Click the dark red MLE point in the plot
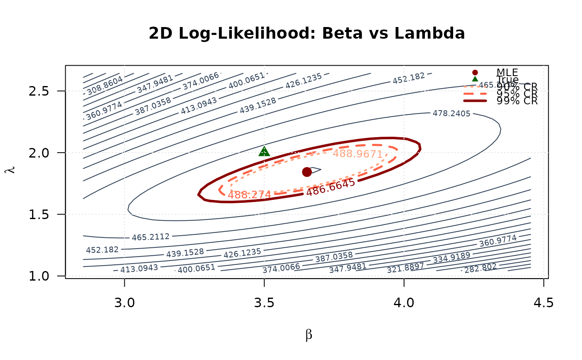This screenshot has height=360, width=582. [x=307, y=172]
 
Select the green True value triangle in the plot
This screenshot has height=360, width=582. [x=264, y=151]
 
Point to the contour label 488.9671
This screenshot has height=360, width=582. [x=358, y=153]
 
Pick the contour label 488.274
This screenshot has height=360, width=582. [x=249, y=194]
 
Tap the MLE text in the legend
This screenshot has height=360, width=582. [x=507, y=73]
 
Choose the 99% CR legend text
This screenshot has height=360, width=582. [x=517, y=101]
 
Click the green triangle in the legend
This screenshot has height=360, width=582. [x=475, y=79]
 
